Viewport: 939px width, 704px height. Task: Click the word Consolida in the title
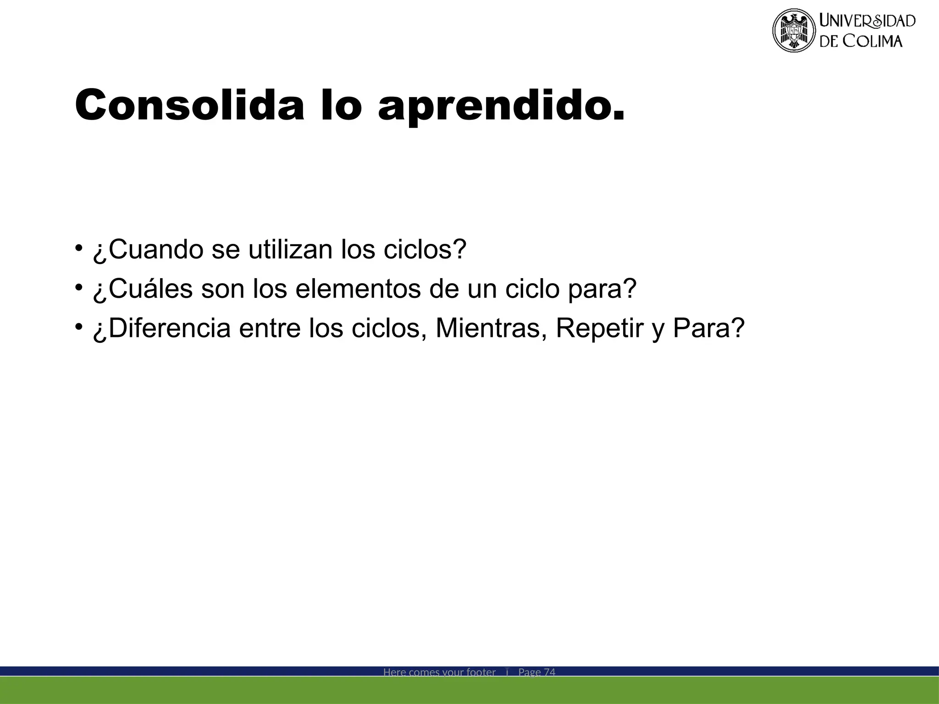[189, 105]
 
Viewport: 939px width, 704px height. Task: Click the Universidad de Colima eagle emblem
[794, 31]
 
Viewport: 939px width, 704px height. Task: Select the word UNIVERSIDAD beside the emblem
[867, 21]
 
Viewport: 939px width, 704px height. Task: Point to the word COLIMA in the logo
[873, 41]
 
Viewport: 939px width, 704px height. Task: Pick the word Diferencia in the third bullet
[169, 329]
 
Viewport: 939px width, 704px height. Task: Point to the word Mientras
[488, 329]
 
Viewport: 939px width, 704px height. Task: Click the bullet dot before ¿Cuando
[79, 248]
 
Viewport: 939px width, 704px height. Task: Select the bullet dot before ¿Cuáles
[79, 287]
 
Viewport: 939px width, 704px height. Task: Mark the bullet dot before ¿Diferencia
[79, 327]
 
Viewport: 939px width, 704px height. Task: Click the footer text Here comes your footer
[439, 672]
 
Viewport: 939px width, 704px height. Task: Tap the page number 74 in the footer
[549, 672]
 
